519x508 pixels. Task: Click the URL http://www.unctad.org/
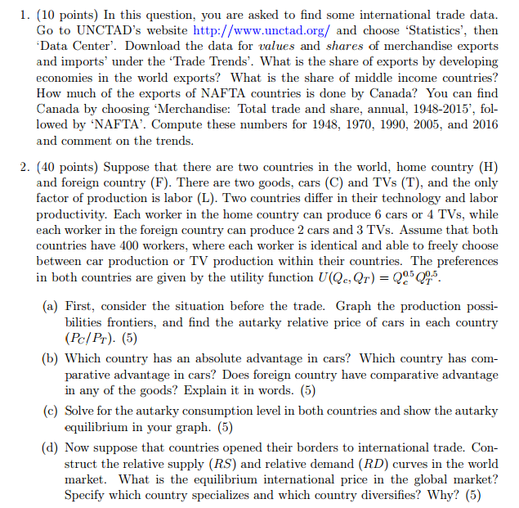point(262,30)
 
